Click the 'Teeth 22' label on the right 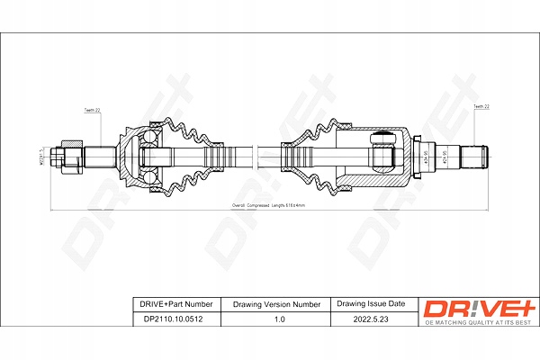(x=482, y=108)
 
